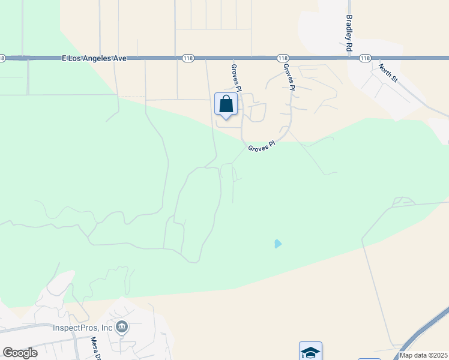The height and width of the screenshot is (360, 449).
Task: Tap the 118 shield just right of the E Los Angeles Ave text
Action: [188, 58]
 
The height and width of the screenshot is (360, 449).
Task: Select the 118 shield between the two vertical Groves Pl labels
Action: [283, 58]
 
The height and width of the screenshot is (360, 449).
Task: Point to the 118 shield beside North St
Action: [365, 58]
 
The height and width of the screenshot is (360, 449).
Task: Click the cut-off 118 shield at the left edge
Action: [2, 58]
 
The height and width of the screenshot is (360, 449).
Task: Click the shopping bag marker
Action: [226, 104]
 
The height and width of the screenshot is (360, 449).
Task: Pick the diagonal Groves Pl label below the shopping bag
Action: [261, 146]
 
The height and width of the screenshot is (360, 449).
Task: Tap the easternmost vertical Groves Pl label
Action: [290, 77]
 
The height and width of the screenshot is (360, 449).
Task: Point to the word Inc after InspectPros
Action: [106, 328]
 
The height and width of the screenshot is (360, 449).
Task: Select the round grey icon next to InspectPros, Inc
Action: [122, 327]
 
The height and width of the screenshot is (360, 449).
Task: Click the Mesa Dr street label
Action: [94, 347]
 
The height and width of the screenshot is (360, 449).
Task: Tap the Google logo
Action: [20, 353]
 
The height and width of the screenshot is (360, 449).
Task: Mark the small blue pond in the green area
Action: [277, 244]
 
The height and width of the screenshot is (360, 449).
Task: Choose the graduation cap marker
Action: [310, 352]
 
